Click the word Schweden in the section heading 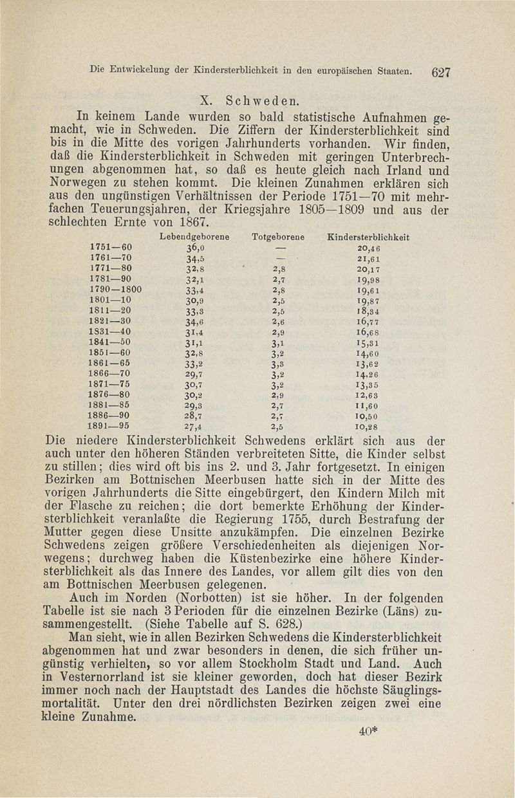pos(260,100)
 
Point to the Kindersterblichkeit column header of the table pos(369,237)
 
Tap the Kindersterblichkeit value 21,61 pos(368,259)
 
